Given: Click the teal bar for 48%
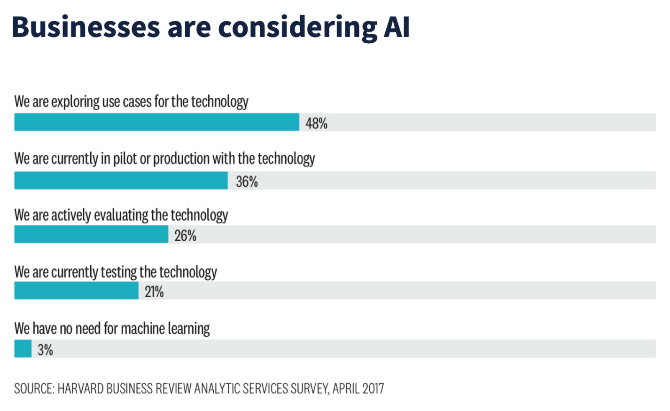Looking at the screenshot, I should coord(156,122).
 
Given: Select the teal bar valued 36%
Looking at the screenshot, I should coord(121,181).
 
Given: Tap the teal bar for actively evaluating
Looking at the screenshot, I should coord(91,234).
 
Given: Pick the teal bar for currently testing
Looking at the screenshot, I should coord(76,291).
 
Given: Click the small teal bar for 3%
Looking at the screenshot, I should coord(23,349).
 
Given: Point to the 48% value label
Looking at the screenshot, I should coord(316,123).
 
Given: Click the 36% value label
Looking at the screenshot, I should coord(247,182).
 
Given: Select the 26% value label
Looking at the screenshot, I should coord(185,235).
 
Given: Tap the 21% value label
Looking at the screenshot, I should coord(154,292).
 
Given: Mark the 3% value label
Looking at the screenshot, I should coord(45,350).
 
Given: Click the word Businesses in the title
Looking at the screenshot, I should coord(86,27).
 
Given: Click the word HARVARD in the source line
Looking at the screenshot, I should coord(81,388).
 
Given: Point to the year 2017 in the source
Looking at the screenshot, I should coord(373,388).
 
